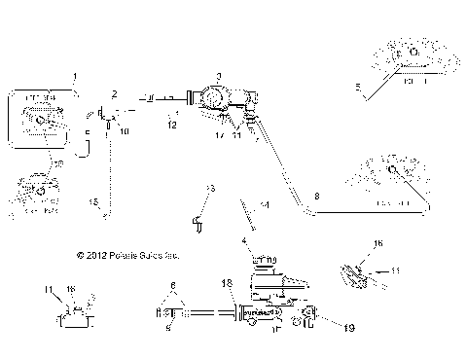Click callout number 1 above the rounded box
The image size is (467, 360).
pos(75,76)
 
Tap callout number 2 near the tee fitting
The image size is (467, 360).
pos(114,93)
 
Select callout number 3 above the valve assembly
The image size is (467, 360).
pos(219,76)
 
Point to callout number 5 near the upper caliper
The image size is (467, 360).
pos(358,88)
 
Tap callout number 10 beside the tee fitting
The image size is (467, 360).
pos(123,128)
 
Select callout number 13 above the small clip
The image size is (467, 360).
pos(209,188)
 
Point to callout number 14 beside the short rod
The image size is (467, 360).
pos(264,206)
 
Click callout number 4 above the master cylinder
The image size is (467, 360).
pos(244,240)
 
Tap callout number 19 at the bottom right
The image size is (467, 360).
pos(348,328)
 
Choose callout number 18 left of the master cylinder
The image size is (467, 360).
pos(227,283)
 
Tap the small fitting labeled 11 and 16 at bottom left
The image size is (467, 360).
pos(71,318)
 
